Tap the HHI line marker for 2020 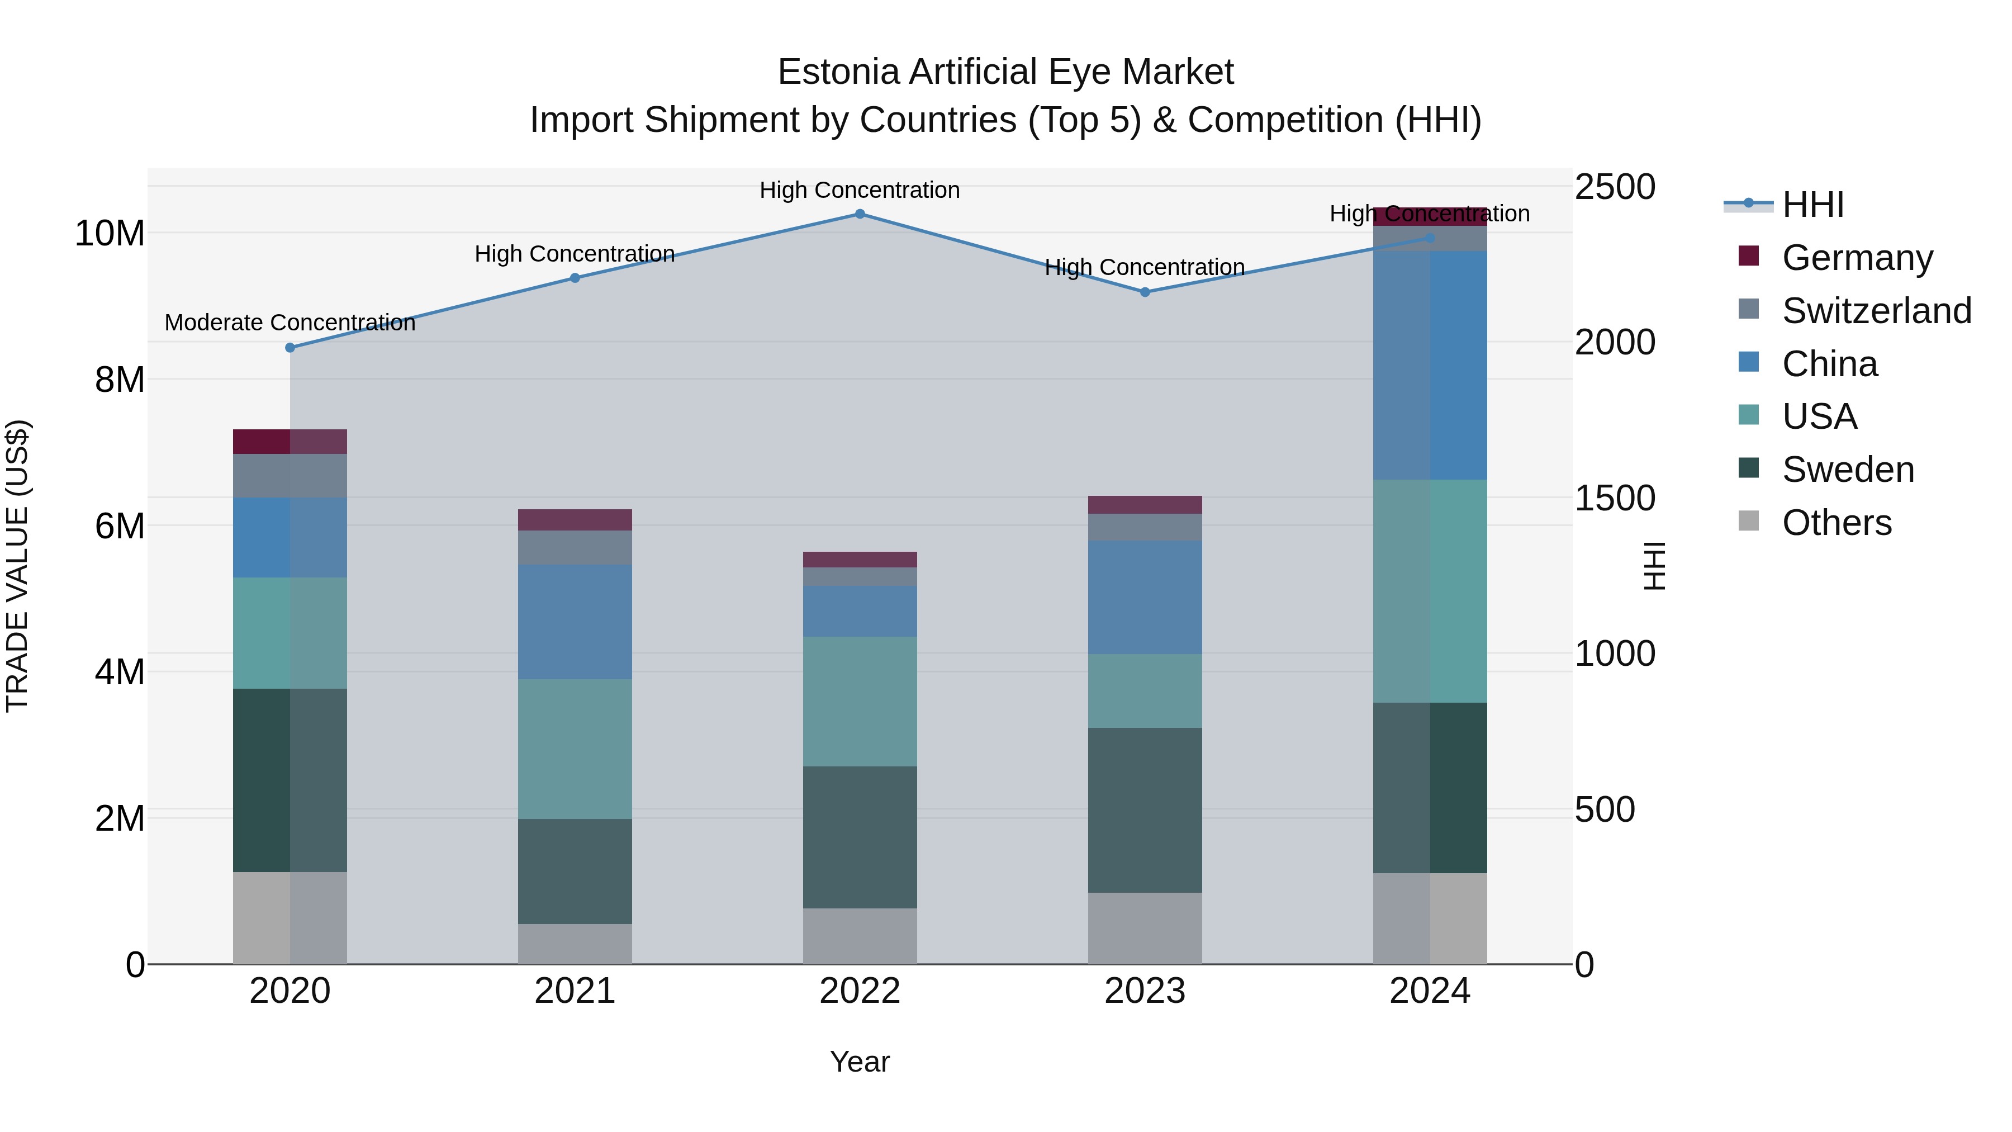[x=290, y=348]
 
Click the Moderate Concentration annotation [x=290, y=323]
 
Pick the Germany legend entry [x=1857, y=258]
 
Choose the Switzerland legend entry [x=1876, y=311]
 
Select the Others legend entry [x=1837, y=523]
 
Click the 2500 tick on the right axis [x=1615, y=187]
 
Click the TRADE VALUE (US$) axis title [x=17, y=566]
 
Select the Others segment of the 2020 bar [x=290, y=918]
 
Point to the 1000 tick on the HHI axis [x=1615, y=654]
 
